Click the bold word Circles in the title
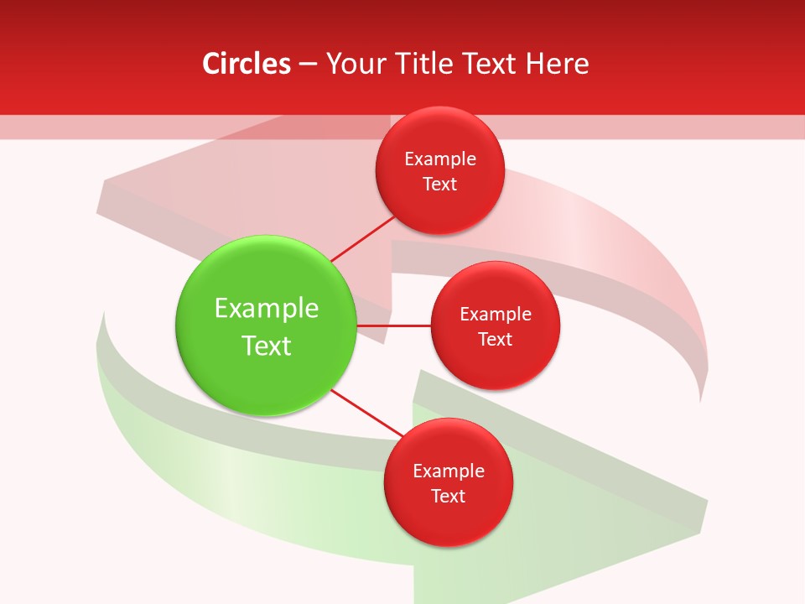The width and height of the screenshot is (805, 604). point(246,64)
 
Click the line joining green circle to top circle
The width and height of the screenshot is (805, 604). point(363,238)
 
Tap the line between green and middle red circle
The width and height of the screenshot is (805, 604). point(393,325)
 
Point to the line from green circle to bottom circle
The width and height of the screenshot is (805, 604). point(366,413)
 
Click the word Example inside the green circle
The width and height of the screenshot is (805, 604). point(266,309)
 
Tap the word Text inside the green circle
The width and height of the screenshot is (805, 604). point(266,346)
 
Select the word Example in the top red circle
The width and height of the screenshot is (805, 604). point(439,159)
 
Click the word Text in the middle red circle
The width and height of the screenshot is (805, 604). point(495,340)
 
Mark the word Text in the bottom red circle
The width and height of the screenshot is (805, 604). point(448,497)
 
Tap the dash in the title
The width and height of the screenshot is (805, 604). point(307,65)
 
